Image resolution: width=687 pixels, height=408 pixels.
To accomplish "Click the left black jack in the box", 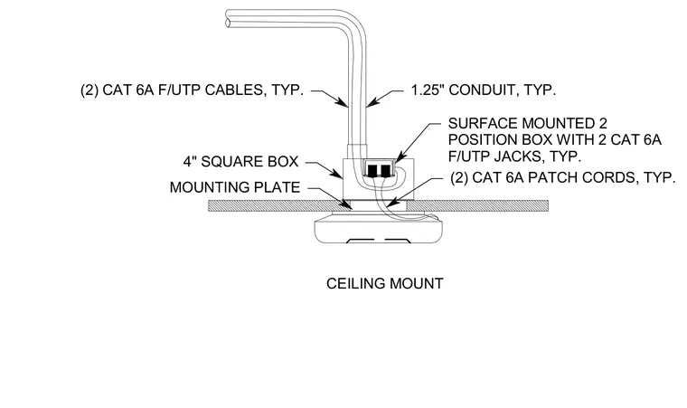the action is coord(372,170).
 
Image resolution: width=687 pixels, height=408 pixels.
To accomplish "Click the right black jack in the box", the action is coord(385,170).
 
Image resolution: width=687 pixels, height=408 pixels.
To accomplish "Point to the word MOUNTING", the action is coord(209,187).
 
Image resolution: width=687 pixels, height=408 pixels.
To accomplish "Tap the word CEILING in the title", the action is coord(355,283).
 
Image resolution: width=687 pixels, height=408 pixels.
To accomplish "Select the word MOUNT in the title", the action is coord(416,283).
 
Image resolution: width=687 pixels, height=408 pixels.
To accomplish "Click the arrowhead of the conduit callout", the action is coord(371,103).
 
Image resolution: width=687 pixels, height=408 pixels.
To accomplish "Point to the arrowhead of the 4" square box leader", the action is coord(338,175).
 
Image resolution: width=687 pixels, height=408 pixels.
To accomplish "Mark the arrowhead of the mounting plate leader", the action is coord(346,204).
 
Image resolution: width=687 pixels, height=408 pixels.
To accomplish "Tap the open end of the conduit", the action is coord(228,18).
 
